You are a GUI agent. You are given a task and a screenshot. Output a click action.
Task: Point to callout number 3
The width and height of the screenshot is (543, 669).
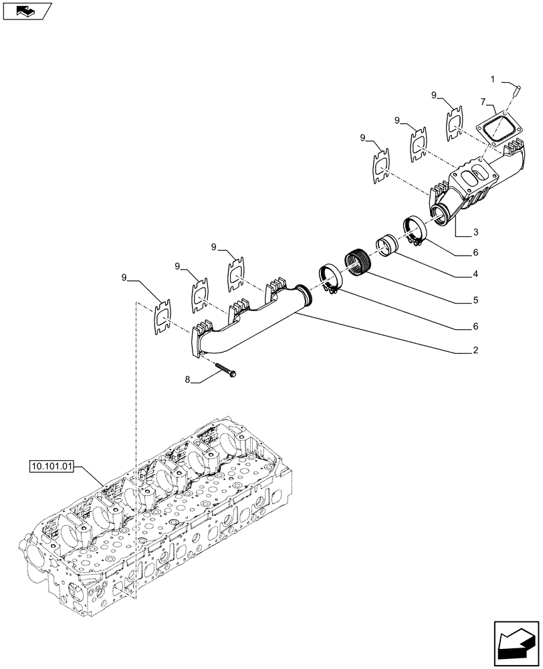click(475, 231)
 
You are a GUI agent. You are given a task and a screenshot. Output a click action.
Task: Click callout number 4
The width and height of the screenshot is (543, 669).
click(475, 274)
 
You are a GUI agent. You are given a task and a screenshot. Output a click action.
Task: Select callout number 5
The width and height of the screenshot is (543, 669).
click(475, 300)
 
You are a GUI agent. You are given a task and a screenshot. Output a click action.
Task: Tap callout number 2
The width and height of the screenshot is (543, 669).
click(475, 350)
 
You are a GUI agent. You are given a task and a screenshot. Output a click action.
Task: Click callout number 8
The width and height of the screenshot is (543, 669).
click(188, 379)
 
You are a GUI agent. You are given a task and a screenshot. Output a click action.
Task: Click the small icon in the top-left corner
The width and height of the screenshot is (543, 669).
click(26, 10)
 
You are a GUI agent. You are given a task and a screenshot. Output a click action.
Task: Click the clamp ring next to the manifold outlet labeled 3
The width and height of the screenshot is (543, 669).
click(414, 229)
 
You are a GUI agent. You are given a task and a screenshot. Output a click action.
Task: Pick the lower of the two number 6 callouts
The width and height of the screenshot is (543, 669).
click(475, 326)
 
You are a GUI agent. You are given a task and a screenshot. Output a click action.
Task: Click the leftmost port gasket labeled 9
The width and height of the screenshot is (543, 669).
click(161, 314)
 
